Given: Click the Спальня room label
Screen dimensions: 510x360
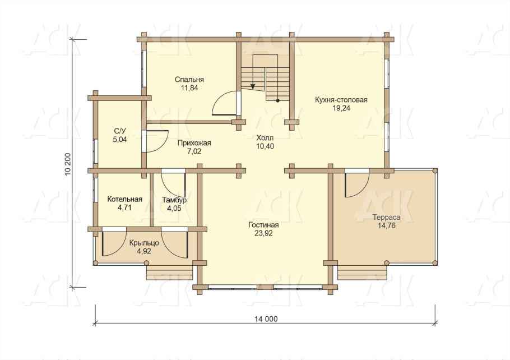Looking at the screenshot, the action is pos(189,80).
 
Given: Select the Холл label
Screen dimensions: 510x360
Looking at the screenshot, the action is pos(265,137).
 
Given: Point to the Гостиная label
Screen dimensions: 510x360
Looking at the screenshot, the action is pos(263,225).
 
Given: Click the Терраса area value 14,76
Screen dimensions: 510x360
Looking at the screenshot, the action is pos(386,225).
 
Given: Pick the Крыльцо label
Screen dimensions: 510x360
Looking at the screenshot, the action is pos(144,243).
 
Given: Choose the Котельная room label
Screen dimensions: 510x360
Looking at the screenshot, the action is pos(124,199).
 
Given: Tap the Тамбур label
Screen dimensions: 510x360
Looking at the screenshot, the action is pos(174,200).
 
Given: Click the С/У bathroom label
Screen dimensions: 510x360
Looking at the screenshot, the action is pos(120,131).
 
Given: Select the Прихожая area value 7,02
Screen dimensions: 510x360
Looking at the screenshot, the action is pos(194,151).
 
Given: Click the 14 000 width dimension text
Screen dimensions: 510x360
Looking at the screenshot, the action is pos(266,319).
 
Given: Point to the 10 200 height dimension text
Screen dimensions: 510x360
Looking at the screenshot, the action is pos(68,164).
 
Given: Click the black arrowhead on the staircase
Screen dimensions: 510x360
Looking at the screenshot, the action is pos(253,86).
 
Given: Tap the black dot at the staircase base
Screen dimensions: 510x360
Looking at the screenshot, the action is pos(277,100).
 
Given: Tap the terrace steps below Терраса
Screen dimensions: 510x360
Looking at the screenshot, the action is pos(362,273).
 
